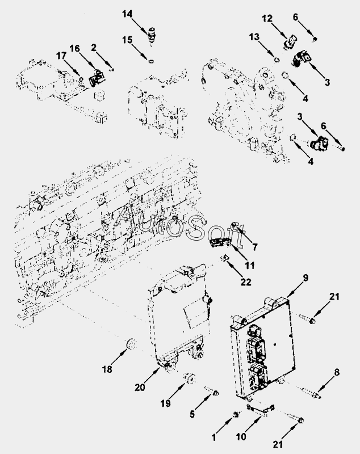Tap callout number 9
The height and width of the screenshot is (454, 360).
click(x=305, y=278)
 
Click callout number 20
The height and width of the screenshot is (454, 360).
click(x=140, y=388)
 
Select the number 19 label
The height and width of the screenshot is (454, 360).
click(x=165, y=403)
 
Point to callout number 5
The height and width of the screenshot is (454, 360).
click(x=192, y=415)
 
